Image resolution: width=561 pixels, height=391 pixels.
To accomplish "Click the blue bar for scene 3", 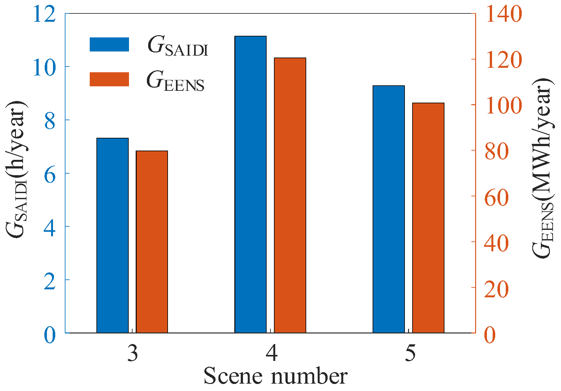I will pos(112,235).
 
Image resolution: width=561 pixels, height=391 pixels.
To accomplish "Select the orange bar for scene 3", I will pos(152,242).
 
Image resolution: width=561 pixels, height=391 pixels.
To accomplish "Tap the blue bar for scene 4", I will pos(250,184).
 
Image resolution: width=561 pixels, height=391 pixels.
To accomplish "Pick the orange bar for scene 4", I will pos(290,195).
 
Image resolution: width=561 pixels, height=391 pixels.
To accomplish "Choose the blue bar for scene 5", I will pos(389,209).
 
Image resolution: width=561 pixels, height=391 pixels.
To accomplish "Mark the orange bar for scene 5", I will pos(428,218).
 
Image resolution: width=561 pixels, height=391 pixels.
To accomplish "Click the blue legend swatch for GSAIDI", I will pos(109,44).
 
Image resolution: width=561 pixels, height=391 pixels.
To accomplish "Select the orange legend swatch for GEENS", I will pos(109,79).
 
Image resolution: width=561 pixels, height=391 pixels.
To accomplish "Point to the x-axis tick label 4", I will pos(272,354).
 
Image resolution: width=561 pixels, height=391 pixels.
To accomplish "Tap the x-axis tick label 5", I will pos(410,354).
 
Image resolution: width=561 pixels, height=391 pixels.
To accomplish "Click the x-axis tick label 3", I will pos(133,354).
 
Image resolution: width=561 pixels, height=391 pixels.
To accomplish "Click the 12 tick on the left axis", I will pos(44,14).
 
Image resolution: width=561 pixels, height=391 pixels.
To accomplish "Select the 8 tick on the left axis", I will pos(50,121).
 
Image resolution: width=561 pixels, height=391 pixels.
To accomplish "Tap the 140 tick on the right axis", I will pos(504,14).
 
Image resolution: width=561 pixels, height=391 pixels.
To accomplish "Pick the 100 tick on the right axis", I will pos(504,106).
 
